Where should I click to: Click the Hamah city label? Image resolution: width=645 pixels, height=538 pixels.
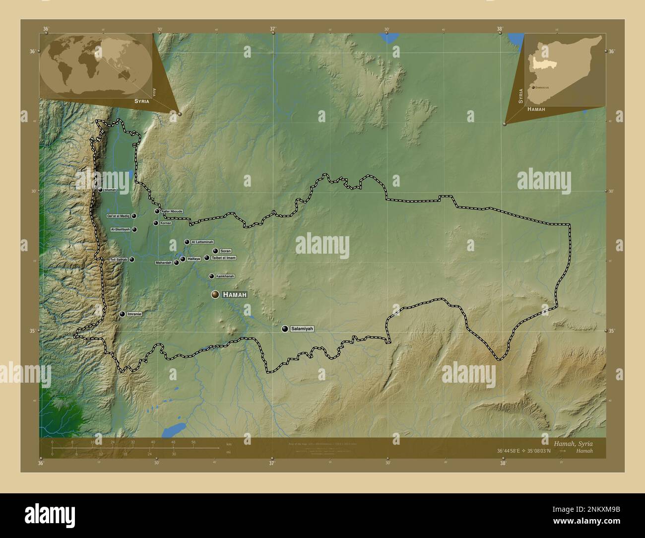(x=235, y=295)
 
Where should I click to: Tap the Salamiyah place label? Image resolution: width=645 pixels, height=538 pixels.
(x=302, y=329)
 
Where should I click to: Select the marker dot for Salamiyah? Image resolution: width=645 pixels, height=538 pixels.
(x=285, y=329)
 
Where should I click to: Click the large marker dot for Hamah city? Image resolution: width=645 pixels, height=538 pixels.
(x=215, y=295)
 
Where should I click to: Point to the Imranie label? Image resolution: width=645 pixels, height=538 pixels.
(x=134, y=314)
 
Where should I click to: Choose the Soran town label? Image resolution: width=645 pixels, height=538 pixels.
(x=225, y=251)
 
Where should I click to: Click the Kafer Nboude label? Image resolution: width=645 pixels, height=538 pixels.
(x=172, y=211)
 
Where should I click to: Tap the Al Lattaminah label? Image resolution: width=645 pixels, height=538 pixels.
(x=202, y=242)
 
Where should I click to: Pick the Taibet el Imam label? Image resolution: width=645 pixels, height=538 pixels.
(x=223, y=258)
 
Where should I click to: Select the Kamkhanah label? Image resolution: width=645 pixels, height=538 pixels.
(x=225, y=276)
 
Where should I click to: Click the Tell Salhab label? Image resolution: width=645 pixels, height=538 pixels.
(x=119, y=260)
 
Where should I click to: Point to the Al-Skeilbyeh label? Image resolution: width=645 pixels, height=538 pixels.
(x=121, y=229)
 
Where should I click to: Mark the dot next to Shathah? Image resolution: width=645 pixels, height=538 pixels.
(x=100, y=190)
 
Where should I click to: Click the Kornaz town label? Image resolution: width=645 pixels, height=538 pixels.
(x=166, y=223)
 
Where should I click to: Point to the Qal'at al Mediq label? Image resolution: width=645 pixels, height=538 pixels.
(x=119, y=216)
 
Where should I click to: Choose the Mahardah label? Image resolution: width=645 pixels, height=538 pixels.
(x=163, y=263)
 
